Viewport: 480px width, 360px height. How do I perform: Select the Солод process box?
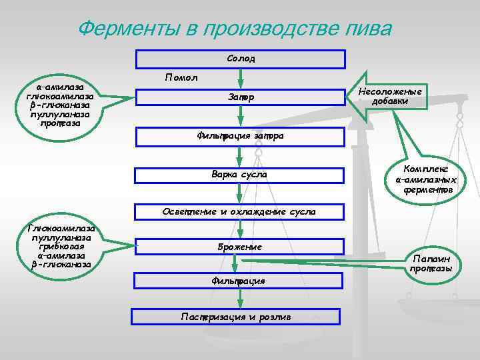pyautogui.click(x=241, y=59)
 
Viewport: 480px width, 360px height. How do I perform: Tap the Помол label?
pyautogui.click(x=181, y=79)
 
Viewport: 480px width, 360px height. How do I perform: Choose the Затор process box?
pyautogui.click(x=241, y=98)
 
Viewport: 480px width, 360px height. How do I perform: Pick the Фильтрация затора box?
pyautogui.click(x=241, y=136)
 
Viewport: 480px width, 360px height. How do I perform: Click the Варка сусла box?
pyautogui.click(x=241, y=175)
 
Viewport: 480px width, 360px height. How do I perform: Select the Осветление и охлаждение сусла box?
pyautogui.click(x=241, y=212)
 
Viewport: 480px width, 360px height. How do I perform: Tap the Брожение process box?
pyautogui.click(x=241, y=247)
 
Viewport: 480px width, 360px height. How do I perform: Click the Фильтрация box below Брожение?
pyautogui.click(x=241, y=281)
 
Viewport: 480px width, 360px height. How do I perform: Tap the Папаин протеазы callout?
pyautogui.click(x=431, y=263)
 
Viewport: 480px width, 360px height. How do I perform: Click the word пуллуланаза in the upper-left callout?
pyautogui.click(x=60, y=114)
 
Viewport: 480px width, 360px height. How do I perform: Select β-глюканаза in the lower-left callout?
pyautogui.click(x=61, y=265)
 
